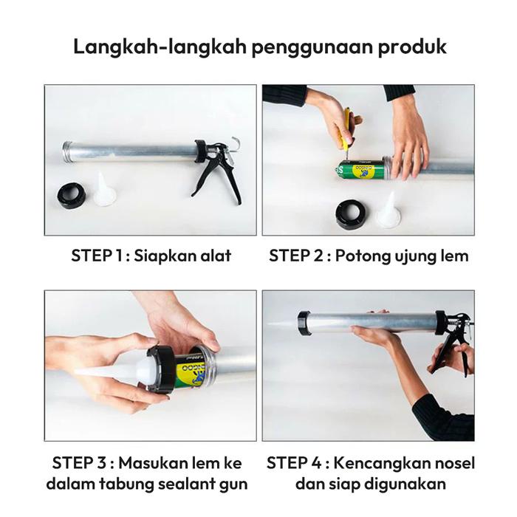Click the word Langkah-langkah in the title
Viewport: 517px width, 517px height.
click(159, 46)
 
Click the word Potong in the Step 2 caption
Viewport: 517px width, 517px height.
click(361, 256)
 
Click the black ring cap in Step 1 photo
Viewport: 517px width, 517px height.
click(72, 196)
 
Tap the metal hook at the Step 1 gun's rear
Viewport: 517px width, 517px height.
click(235, 144)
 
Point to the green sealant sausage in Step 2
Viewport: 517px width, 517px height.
click(360, 169)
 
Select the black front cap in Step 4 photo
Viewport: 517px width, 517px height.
click(304, 323)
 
